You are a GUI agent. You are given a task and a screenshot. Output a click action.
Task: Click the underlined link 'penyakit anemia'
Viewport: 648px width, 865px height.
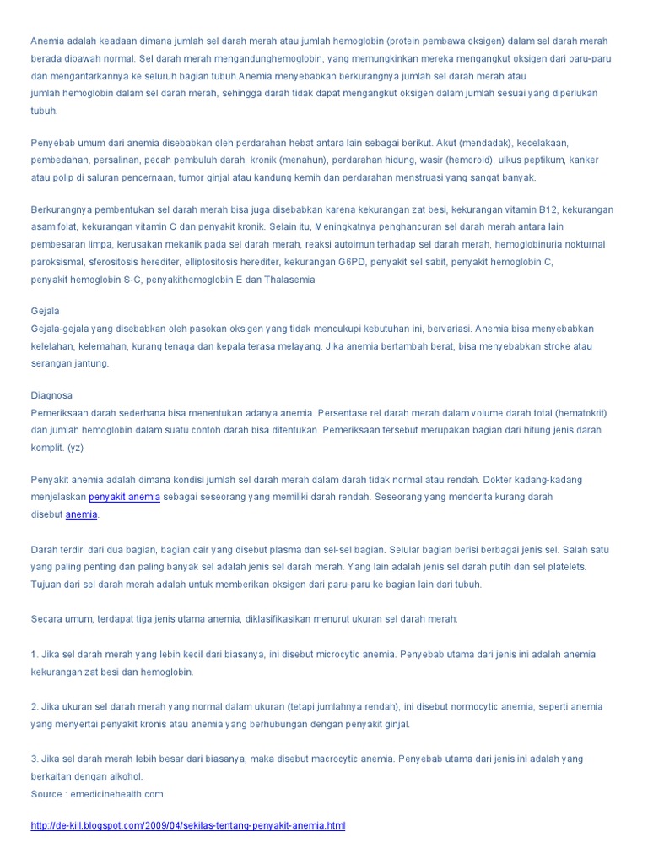pos(125,498)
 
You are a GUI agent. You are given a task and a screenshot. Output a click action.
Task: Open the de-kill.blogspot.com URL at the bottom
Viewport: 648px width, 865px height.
pos(188,825)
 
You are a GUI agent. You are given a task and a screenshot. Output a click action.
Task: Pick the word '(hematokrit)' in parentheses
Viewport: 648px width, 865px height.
pos(580,413)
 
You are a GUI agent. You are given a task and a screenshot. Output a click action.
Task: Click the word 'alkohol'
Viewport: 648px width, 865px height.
pos(127,776)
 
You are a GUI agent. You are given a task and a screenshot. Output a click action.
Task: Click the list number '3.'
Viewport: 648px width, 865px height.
pos(35,759)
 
